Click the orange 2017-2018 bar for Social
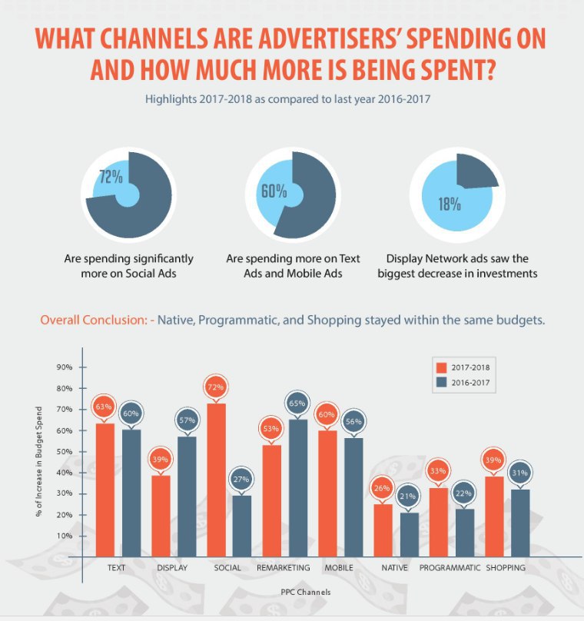pyautogui.click(x=216, y=480)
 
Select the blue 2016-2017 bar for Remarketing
pyautogui.click(x=298, y=487)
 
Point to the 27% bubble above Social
pyautogui.click(x=241, y=478)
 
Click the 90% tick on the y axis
pyautogui.click(x=65, y=367)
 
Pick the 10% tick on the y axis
pyautogui.click(x=65, y=536)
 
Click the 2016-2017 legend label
pyautogui.click(x=470, y=381)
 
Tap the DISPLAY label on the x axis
pyautogui.click(x=172, y=568)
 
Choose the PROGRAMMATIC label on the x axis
pyautogui.click(x=450, y=568)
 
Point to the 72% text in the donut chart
pyautogui.click(x=111, y=177)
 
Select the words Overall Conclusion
pyautogui.click(x=92, y=320)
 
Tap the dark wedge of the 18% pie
pyautogui.click(x=476, y=171)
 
